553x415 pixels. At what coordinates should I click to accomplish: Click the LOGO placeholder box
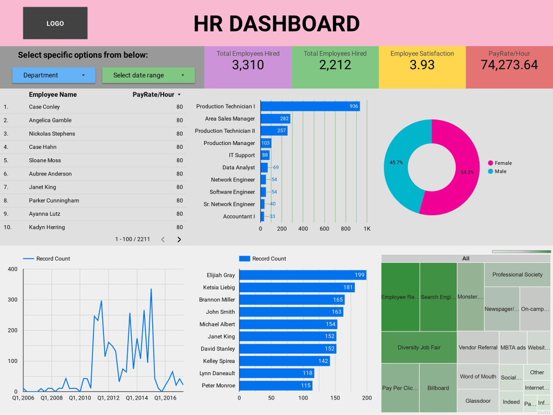point(55,23)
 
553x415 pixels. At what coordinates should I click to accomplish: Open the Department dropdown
point(54,75)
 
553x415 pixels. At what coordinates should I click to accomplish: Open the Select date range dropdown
point(148,75)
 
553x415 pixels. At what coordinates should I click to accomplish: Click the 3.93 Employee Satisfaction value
point(422,65)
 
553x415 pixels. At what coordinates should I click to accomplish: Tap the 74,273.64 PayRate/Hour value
point(509,65)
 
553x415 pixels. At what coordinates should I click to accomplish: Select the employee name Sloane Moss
point(45,160)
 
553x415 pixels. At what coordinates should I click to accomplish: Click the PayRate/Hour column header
point(153,95)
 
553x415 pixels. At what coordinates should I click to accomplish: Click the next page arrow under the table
point(179,240)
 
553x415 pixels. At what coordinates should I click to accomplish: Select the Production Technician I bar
point(310,106)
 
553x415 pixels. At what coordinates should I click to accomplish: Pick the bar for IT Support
point(265,155)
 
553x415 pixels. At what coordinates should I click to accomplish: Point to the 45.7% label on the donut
point(397,163)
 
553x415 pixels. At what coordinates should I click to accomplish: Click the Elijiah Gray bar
point(302,275)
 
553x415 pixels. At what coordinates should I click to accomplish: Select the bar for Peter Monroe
point(275,386)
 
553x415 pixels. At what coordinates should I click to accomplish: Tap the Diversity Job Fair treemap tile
point(419,347)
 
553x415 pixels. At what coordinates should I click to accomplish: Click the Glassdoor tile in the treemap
point(478,401)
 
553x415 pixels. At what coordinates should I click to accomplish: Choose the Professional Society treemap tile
point(517,274)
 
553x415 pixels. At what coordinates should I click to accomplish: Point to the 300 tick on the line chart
point(12,300)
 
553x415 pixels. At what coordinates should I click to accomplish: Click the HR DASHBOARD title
point(276,24)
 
